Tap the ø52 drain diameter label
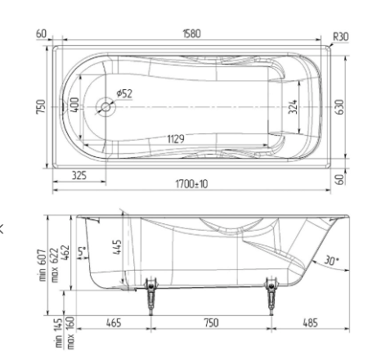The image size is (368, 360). [123, 94]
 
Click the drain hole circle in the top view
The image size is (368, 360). [104, 106]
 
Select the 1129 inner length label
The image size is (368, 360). [174, 140]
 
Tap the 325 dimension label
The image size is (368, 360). [79, 175]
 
